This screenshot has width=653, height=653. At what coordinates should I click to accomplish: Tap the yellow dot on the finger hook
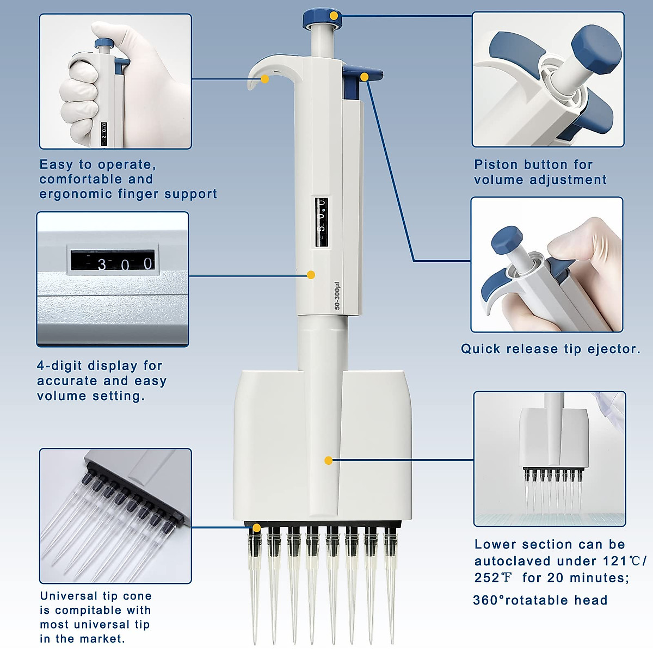coord(264,79)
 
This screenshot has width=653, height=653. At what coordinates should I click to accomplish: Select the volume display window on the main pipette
coord(322,223)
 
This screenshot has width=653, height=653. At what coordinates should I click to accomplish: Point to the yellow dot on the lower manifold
coord(328,460)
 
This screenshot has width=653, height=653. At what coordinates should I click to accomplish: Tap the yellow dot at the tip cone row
coord(256,527)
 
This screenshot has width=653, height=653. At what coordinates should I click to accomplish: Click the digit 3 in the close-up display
coord(102,264)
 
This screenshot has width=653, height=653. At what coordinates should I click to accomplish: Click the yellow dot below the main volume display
coord(311,275)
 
